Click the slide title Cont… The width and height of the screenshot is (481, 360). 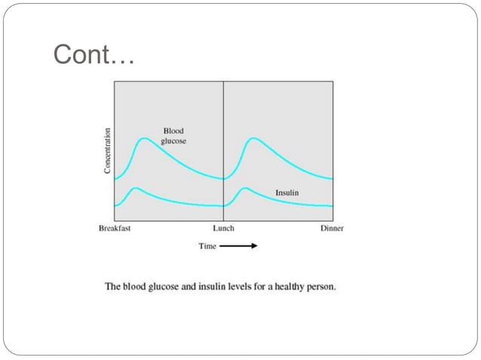pyautogui.click(x=94, y=55)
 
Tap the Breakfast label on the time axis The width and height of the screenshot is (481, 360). pyautogui.click(x=115, y=228)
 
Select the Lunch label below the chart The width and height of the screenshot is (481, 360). pyautogui.click(x=223, y=228)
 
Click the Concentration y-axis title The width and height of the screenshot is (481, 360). pyautogui.click(x=108, y=151)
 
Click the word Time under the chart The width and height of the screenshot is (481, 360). pyautogui.click(x=207, y=246)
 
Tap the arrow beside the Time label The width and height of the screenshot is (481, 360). pyautogui.click(x=239, y=246)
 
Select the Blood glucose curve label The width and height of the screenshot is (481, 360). pyautogui.click(x=173, y=136)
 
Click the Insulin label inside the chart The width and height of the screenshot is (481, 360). pyautogui.click(x=286, y=193)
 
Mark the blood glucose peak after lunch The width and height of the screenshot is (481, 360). pyautogui.click(x=253, y=139)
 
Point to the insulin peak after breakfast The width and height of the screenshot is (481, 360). pyautogui.click(x=135, y=188)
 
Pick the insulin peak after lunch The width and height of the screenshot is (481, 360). pyautogui.click(x=244, y=188)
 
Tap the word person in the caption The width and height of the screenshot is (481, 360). pyautogui.click(x=323, y=287)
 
